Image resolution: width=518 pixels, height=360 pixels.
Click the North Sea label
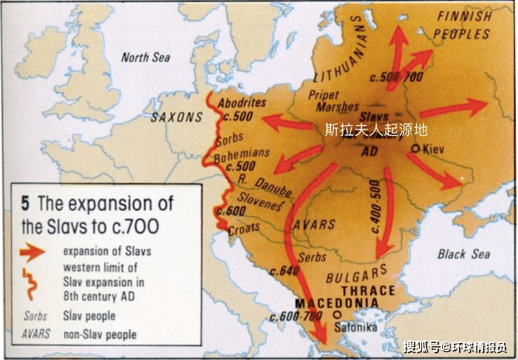[145, 58]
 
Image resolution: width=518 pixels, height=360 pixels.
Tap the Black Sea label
[463, 255]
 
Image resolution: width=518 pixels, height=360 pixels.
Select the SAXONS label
[176, 117]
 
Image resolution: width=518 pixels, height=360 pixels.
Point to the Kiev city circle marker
[416, 148]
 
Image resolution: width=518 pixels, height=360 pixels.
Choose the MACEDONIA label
[336, 303]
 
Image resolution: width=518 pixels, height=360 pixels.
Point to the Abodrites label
[244, 103]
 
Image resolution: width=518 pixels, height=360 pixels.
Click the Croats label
[246, 230]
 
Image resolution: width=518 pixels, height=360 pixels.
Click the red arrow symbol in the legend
[32, 252]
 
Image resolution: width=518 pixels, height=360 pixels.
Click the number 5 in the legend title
[25, 203]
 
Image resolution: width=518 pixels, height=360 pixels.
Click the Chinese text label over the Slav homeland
[376, 129]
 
